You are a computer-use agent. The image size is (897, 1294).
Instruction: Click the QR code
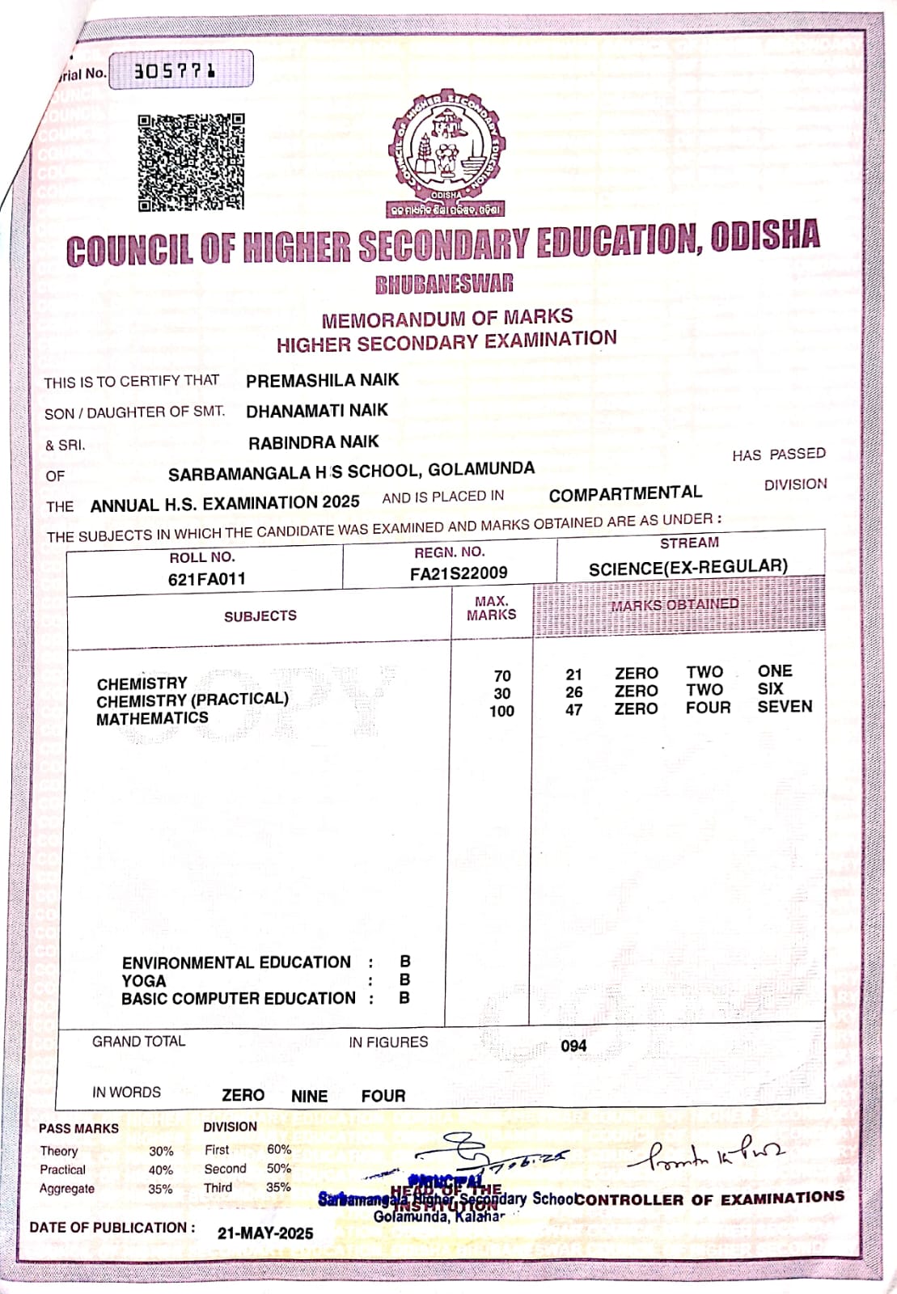tap(191, 162)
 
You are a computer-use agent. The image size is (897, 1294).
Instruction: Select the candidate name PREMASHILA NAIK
tap(322, 380)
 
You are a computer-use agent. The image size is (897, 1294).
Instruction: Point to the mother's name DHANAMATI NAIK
tap(317, 411)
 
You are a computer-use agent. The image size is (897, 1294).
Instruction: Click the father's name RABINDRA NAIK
tap(313, 442)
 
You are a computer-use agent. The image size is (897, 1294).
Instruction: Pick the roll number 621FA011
tap(206, 579)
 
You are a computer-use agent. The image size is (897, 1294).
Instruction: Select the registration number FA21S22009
tap(459, 573)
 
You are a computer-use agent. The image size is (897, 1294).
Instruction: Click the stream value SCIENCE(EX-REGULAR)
tap(688, 567)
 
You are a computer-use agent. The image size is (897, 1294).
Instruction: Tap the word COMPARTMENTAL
tap(625, 493)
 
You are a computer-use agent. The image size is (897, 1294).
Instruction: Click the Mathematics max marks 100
tap(501, 711)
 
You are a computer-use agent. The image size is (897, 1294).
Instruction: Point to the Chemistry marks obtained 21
tap(573, 674)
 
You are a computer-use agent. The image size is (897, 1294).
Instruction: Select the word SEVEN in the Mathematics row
tap(785, 707)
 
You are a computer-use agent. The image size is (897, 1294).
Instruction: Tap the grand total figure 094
tap(573, 1046)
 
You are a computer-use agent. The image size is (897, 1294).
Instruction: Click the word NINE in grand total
tap(309, 1096)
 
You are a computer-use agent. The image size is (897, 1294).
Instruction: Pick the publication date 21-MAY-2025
tap(265, 1233)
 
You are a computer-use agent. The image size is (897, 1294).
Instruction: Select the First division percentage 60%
tap(279, 1149)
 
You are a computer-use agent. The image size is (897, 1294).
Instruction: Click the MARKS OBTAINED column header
tap(675, 605)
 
